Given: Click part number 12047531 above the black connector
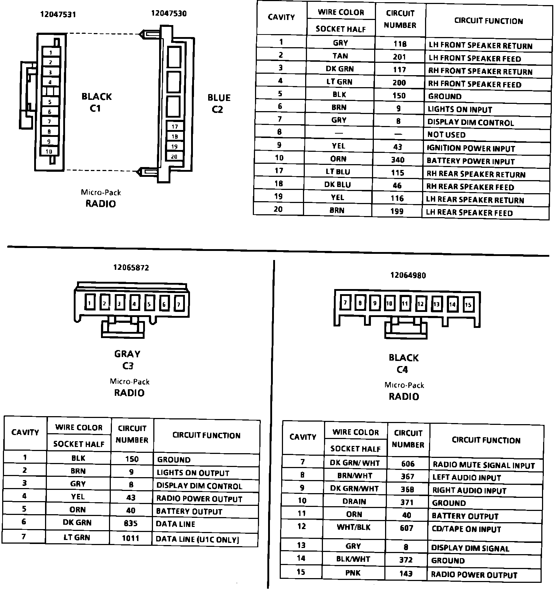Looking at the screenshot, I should point(58,15).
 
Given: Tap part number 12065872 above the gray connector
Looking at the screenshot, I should point(131,268).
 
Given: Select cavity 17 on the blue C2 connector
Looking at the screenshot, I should point(175,127).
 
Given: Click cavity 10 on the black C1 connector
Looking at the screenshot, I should point(49,151).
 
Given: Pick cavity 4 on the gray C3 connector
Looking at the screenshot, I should point(134,304).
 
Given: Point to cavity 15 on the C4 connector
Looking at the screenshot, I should point(468,305).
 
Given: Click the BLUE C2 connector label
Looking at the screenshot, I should point(219,103).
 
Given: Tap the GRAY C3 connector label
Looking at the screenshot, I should point(127,360).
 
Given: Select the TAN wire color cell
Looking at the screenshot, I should point(340,56).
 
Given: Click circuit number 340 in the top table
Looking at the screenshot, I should point(398,160).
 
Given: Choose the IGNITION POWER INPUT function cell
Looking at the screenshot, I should point(471,149).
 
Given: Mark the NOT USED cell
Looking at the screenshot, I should point(446,135).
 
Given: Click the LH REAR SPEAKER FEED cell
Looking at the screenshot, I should point(469,213).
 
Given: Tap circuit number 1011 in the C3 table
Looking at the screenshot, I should point(130,538).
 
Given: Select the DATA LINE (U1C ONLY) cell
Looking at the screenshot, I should point(197,539).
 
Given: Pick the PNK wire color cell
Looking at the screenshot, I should point(353,573).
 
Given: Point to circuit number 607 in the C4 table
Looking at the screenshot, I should point(407,528).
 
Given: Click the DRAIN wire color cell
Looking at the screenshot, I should point(354,501).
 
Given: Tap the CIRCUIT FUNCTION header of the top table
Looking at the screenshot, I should point(488,21).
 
